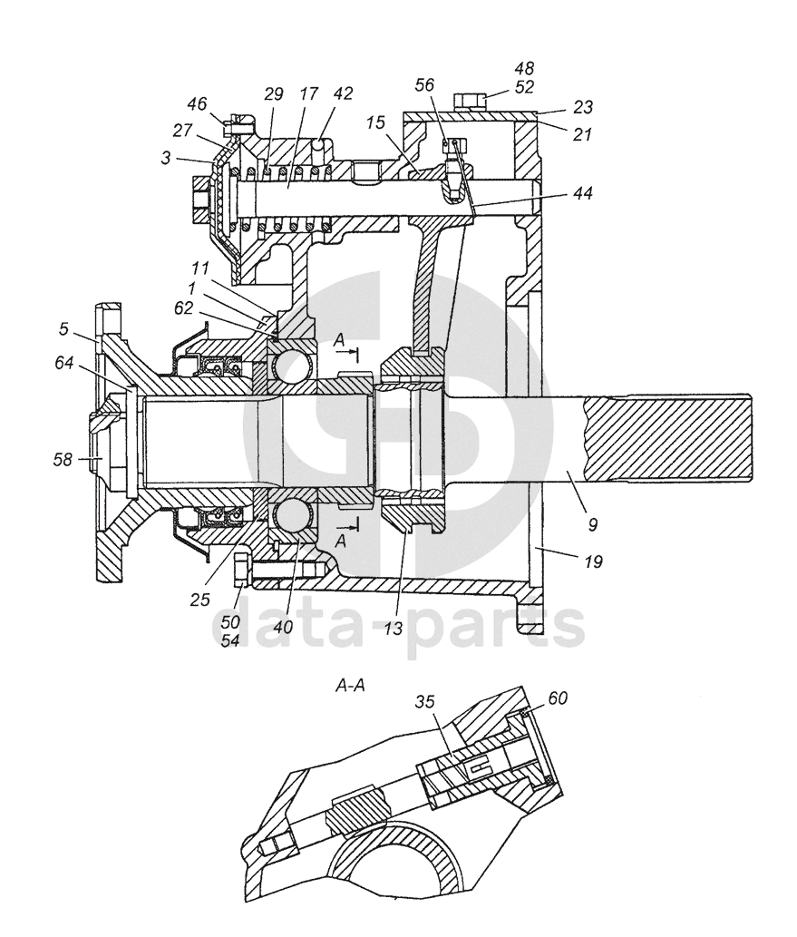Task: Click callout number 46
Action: pos(197,104)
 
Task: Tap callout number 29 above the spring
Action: pos(273,93)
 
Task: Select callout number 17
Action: pos(309,93)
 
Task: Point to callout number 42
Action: pos(343,93)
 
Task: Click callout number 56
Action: pos(424,85)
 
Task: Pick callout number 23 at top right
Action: pos(582,107)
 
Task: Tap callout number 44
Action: pos(582,193)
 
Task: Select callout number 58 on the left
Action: pos(63,460)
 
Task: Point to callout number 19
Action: pos(593,561)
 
